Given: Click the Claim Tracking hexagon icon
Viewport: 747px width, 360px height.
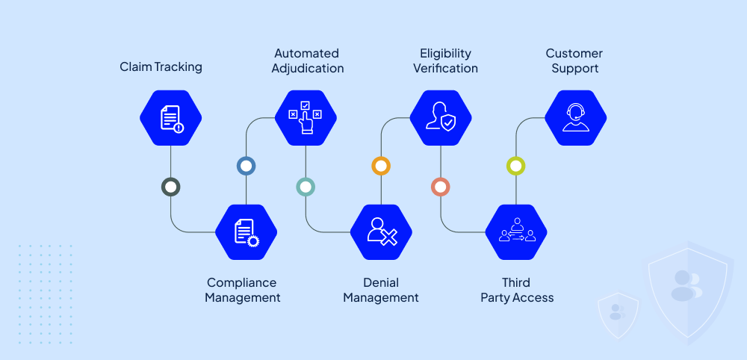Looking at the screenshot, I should (171, 118).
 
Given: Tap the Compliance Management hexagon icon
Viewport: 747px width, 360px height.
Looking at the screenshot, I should (247, 232).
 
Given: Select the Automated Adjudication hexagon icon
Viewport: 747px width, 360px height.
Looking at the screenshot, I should (306, 118).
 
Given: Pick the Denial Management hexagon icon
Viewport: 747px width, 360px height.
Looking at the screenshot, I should (381, 232).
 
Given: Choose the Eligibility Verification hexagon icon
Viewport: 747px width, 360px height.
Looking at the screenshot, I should (441, 118).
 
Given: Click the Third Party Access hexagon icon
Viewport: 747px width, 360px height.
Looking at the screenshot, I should (516, 232).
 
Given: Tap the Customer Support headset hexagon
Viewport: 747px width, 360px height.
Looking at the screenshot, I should (575, 118).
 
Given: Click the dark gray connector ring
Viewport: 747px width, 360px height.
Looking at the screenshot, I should (171, 187).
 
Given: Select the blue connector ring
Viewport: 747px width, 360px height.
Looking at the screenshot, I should (247, 166).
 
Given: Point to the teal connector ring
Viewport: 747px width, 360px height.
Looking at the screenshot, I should (306, 187).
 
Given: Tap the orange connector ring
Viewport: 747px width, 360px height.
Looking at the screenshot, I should (381, 166).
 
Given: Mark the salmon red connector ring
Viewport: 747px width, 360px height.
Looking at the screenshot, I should (441, 187).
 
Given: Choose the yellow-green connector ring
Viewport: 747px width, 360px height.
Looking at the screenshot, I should (516, 166).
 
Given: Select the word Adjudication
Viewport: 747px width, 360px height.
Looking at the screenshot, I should (308, 69).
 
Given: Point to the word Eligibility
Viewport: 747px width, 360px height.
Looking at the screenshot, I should (445, 54).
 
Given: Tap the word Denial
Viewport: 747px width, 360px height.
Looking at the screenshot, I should (381, 283).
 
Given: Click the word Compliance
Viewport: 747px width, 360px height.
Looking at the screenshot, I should (241, 283).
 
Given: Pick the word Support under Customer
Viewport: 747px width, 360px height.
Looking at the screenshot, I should (574, 69).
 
